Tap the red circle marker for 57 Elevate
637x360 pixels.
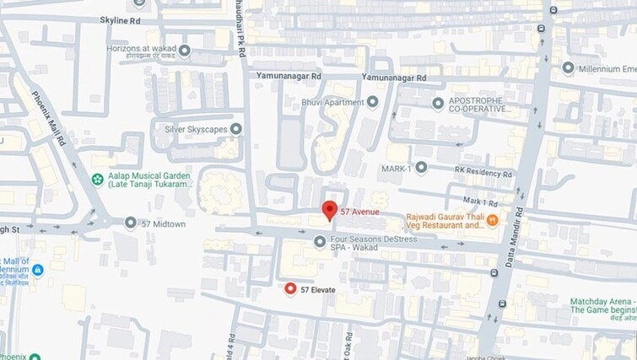(291, 289)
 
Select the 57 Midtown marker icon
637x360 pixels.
(130, 223)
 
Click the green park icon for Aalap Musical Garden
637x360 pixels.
(99, 180)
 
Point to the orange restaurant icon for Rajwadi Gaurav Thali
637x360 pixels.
(491, 220)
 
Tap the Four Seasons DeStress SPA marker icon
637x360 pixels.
(319, 242)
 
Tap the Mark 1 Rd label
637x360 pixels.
(481, 202)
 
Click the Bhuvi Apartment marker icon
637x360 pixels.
(371, 102)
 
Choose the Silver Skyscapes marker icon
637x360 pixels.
(236, 129)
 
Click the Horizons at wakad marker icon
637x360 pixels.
(184, 51)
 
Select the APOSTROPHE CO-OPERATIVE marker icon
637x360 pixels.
(437, 104)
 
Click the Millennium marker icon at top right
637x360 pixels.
(568, 67)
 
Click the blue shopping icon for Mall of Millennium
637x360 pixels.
(37, 270)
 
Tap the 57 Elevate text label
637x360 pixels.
(319, 290)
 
